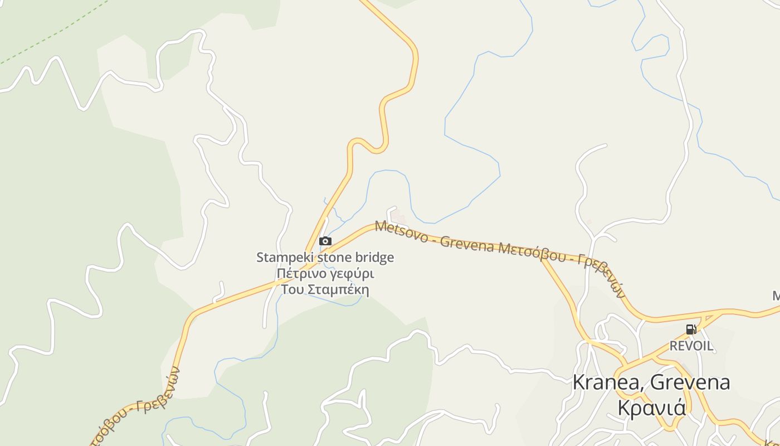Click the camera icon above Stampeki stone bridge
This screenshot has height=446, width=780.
point(325,241)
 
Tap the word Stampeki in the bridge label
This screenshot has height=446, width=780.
point(283,258)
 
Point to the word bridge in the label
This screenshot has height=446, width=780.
point(374,258)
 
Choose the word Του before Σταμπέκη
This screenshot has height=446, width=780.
point(292,290)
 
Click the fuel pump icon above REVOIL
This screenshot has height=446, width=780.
point(691,329)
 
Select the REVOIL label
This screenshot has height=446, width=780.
point(691,346)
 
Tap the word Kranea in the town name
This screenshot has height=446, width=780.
point(608,382)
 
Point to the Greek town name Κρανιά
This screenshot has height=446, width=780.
point(651,407)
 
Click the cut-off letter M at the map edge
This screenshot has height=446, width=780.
point(776,295)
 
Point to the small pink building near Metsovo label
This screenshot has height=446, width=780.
point(397,215)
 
